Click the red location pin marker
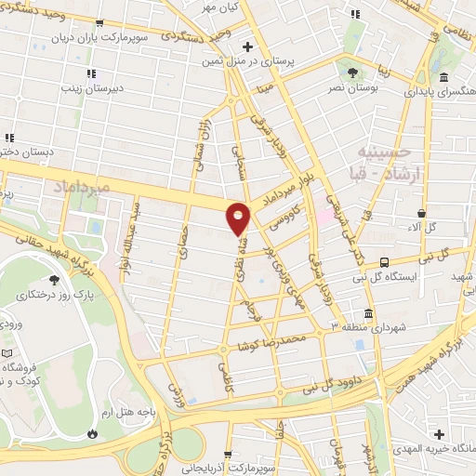click(x=239, y=218)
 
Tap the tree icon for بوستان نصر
click(x=351, y=73)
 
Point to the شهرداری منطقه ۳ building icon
click(x=369, y=313)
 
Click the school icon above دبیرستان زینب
click(x=90, y=73)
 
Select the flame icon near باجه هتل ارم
click(x=92, y=433)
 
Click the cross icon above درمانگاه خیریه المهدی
click(x=440, y=434)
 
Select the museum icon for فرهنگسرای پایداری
click(x=443, y=78)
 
